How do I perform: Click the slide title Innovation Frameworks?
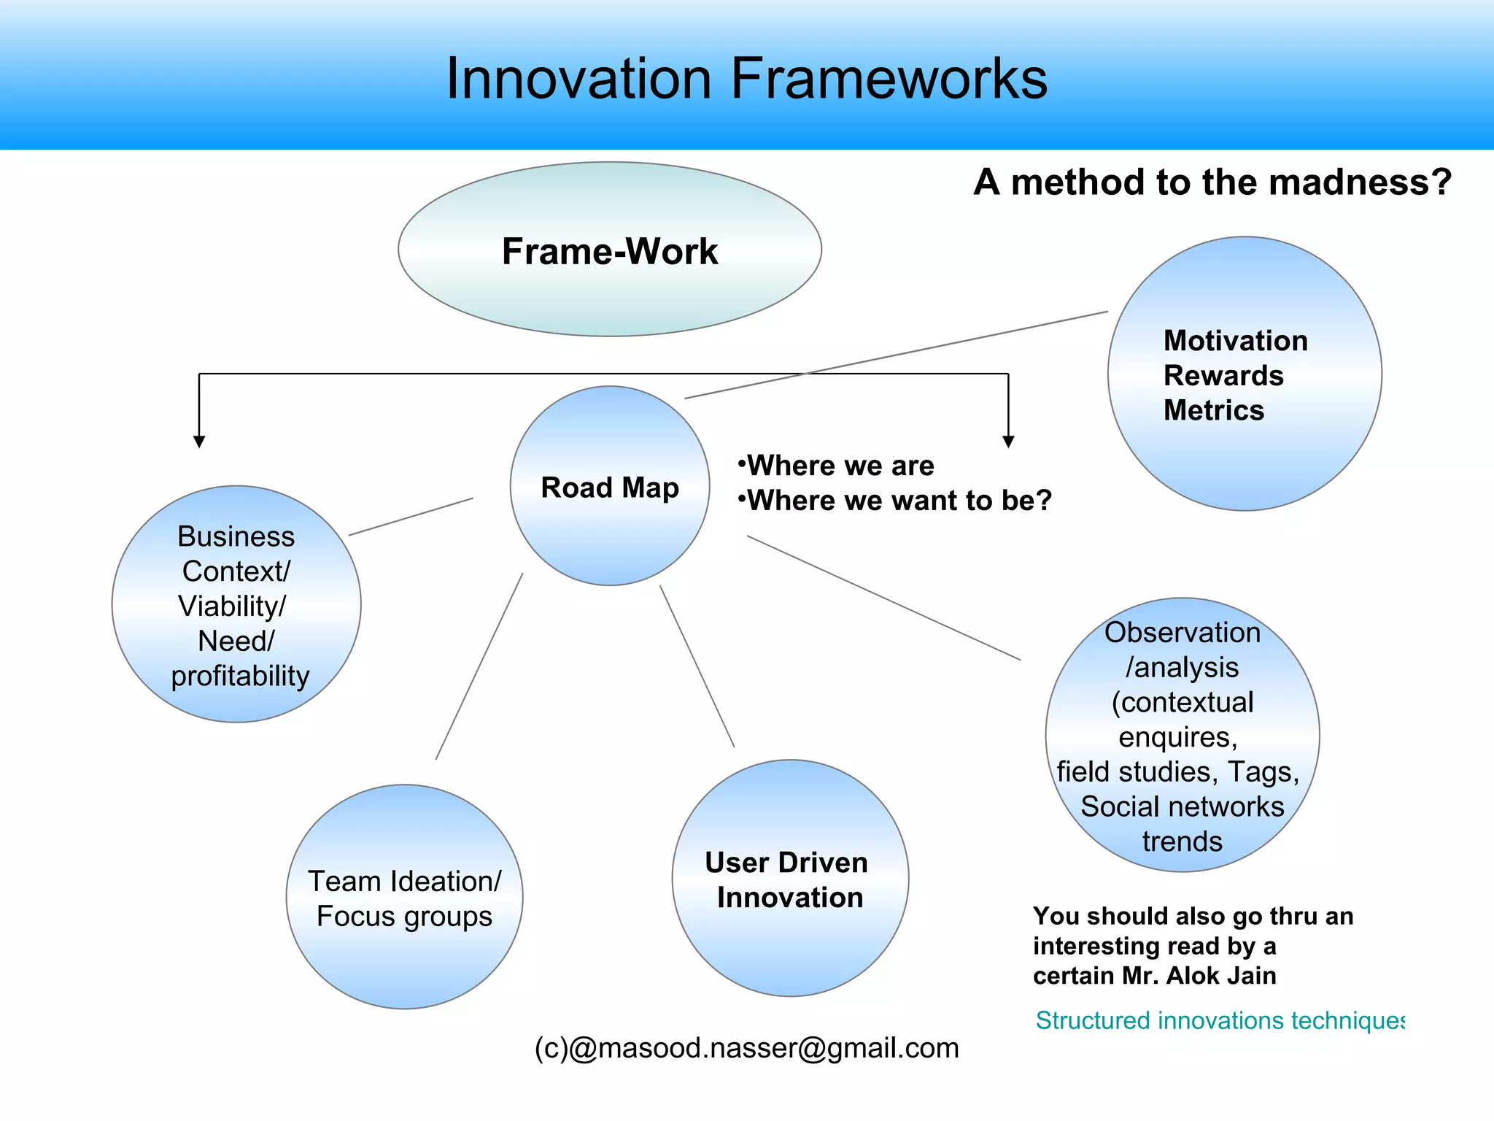[x=746, y=79]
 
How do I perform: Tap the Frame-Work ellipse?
[x=610, y=250]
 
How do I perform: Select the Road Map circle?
[x=610, y=487]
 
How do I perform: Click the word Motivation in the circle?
[x=1235, y=341]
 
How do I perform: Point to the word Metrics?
[x=1213, y=410]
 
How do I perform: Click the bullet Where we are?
[x=839, y=466]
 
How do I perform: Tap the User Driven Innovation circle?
[x=789, y=879]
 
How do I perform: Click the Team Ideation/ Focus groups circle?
[x=404, y=898]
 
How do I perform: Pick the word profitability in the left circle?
[x=240, y=676]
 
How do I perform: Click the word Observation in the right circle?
[x=1182, y=632]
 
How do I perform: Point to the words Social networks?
[x=1182, y=806]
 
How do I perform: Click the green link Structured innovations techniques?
[x=1219, y=1020]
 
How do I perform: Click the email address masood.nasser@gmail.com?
[x=763, y=1048]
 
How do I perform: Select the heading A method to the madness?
[x=1212, y=182]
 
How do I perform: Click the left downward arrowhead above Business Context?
[x=199, y=441]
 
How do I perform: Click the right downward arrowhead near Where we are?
[x=1008, y=441]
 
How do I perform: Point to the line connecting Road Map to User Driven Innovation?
[x=697, y=666]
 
